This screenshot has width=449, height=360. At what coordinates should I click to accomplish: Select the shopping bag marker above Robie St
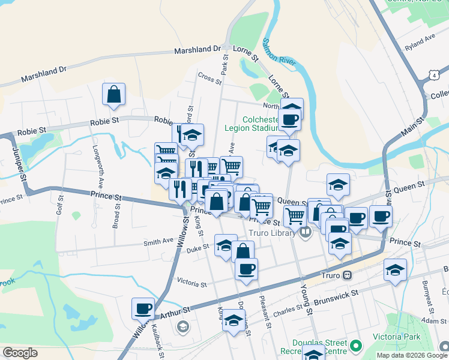pos(113,94)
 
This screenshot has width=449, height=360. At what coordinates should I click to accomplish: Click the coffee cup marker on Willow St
pos(143,308)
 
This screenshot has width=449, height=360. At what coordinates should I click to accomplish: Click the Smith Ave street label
pos(158,242)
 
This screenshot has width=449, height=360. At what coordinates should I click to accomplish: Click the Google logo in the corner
pos(20,353)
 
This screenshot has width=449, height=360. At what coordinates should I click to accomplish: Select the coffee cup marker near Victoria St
pos(246,269)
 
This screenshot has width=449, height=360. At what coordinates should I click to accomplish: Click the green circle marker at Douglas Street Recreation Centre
pos(356,346)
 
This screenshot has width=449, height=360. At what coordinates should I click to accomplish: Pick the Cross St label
pos(209,77)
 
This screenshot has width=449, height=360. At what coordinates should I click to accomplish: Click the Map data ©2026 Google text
pos(411,355)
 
